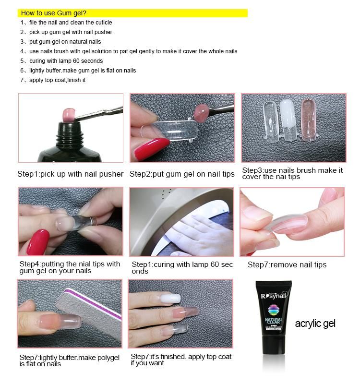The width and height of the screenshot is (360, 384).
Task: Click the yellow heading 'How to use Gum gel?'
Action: [53, 13]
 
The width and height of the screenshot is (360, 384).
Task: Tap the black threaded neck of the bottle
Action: [69, 132]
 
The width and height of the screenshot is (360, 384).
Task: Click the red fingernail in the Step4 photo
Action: [38, 242]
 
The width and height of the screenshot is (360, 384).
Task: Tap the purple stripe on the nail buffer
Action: [93, 304]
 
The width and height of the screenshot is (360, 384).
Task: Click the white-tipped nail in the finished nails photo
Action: [170, 299]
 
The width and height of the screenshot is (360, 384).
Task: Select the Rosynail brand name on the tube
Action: [274, 296]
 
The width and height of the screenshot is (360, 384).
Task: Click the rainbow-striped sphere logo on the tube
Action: [274, 310]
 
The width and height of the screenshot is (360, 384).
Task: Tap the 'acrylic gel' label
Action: [315, 324]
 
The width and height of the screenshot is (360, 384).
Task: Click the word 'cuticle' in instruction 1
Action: [104, 23]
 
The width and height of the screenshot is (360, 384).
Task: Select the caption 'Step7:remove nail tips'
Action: [287, 264]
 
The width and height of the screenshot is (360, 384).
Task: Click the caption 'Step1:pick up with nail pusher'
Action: [70, 174]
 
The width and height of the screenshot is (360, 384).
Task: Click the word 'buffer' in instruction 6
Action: [53, 71]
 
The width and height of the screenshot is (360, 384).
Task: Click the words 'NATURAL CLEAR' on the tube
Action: [274, 321]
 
